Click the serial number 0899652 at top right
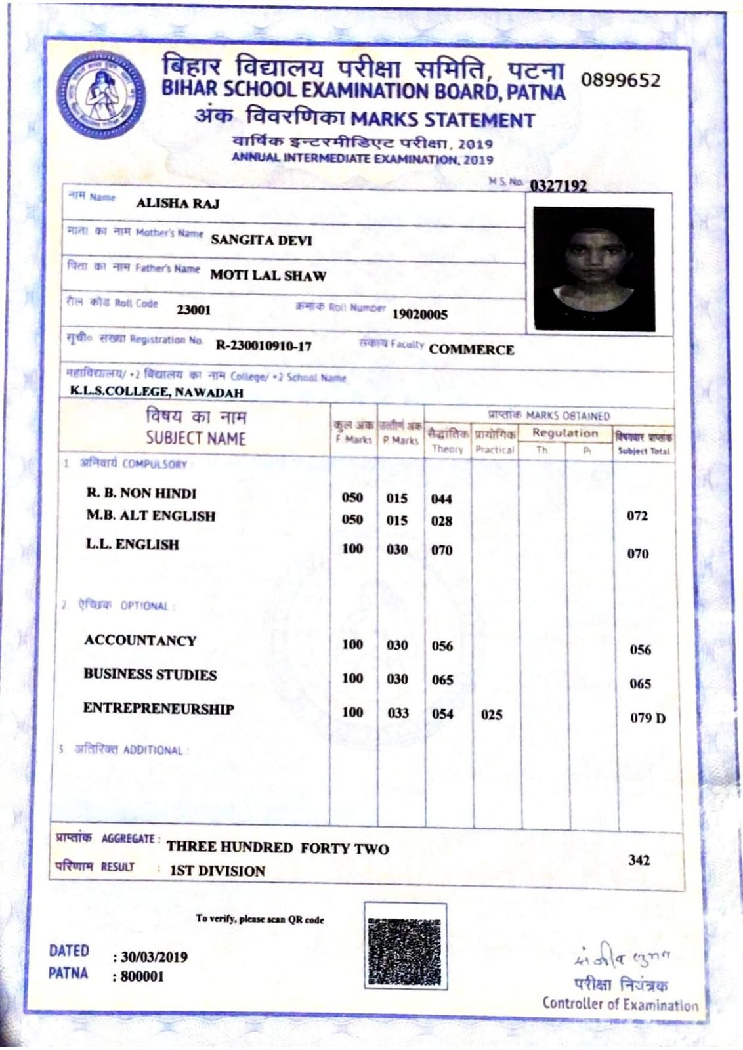point(620,81)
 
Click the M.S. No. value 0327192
point(558,186)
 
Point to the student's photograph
point(593,268)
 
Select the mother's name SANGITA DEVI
point(261,240)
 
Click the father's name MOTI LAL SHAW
point(268,276)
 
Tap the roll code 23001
point(194,310)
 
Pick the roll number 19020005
point(419,314)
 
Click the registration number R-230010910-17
point(264,346)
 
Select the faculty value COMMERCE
point(471,350)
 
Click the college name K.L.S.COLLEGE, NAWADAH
point(156,392)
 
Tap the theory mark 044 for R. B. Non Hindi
point(442,499)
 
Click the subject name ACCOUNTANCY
point(140,640)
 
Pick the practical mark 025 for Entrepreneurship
point(492,715)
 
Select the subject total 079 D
point(647,718)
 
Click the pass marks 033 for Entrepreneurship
point(398,713)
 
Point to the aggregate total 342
point(639,860)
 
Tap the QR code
point(405,946)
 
